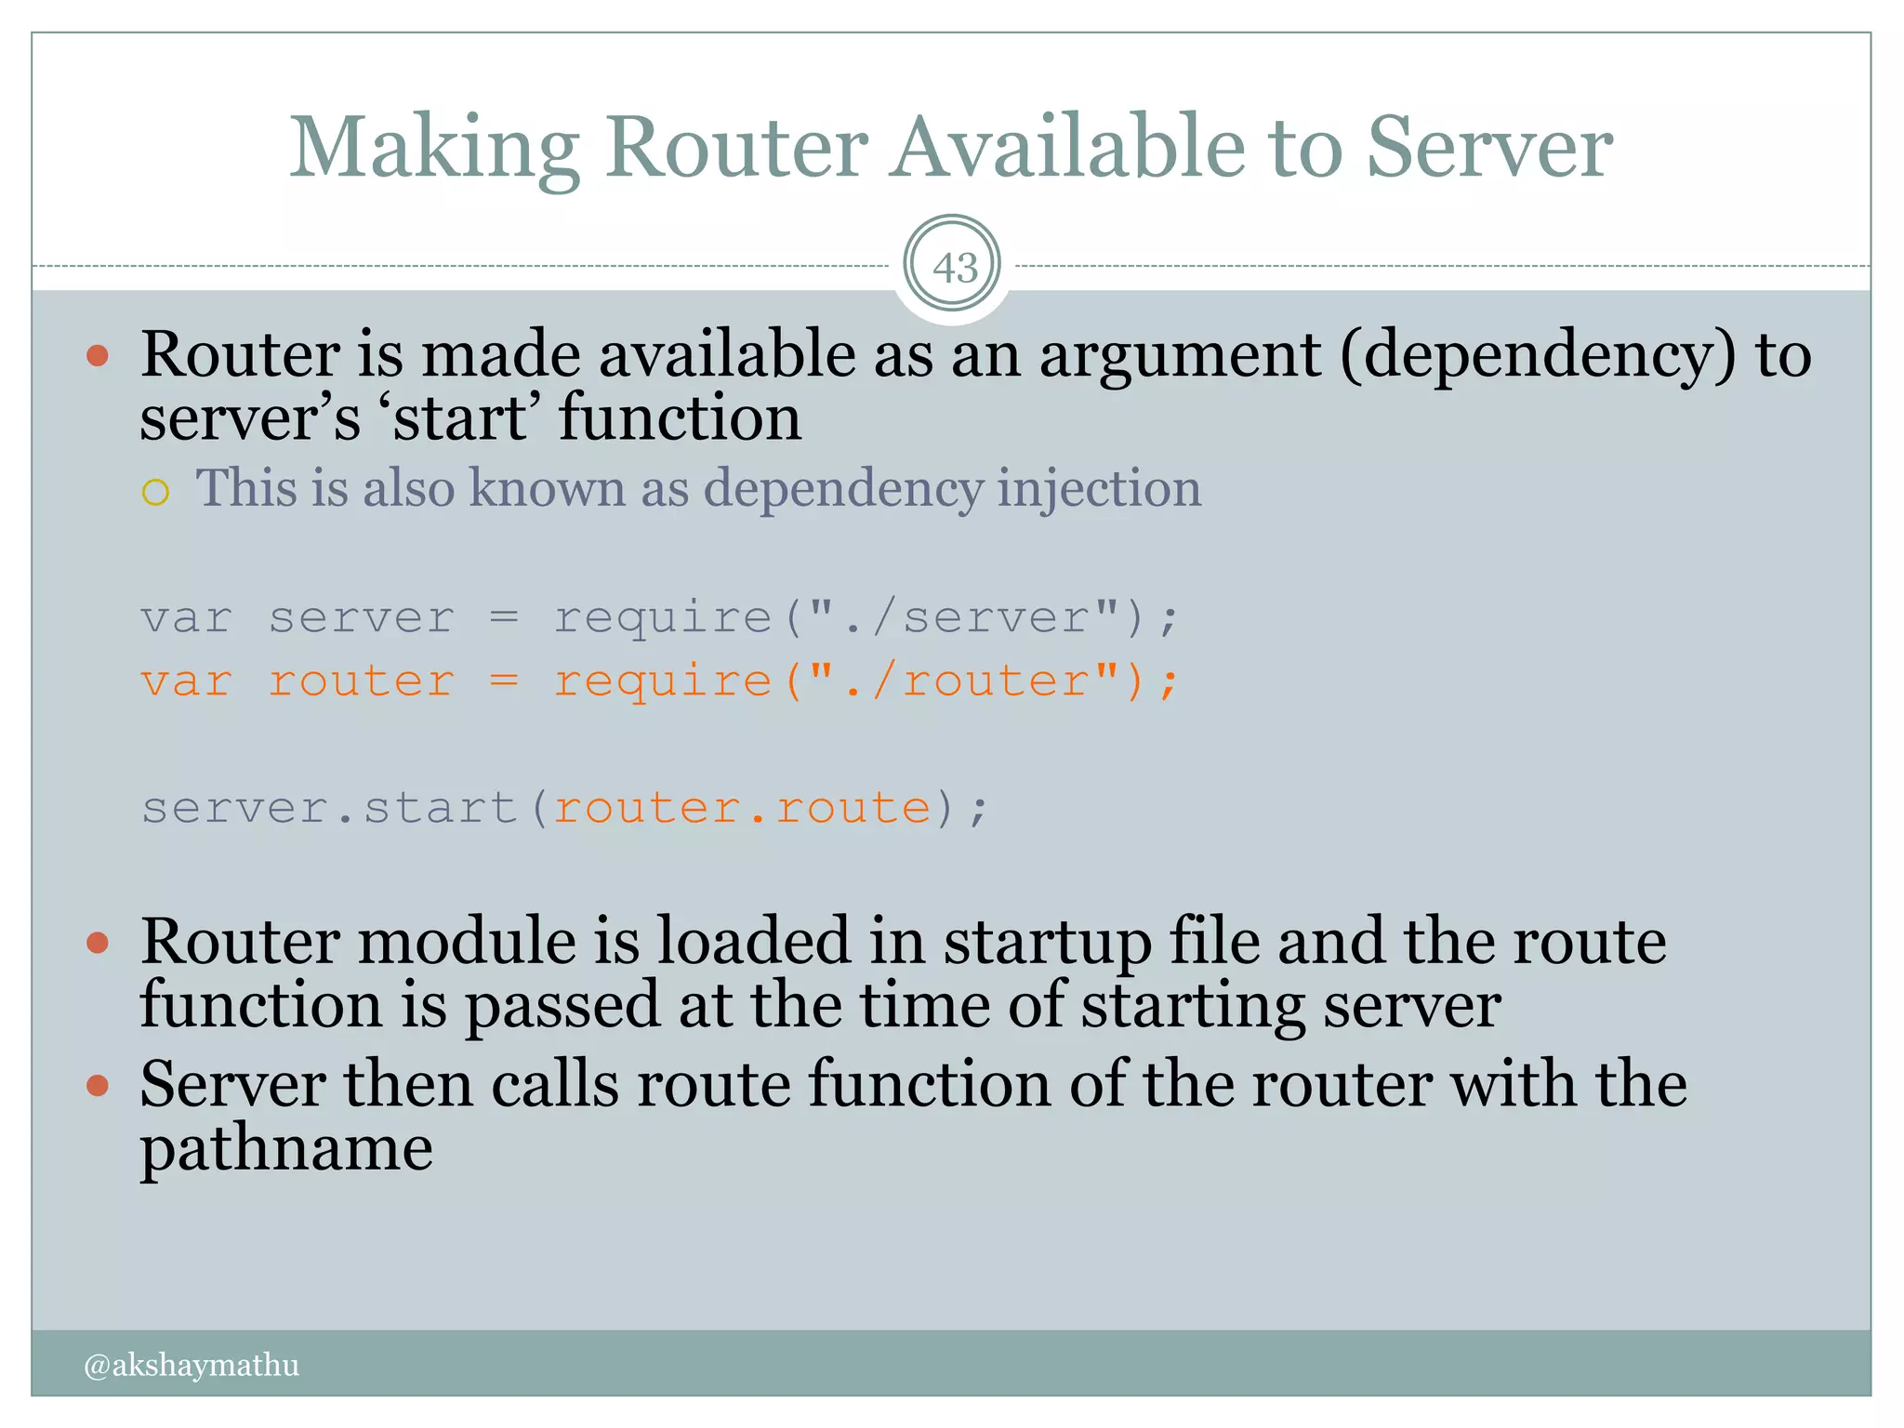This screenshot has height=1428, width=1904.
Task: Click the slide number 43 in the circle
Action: click(x=955, y=268)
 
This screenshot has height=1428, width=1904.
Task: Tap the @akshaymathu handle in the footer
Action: click(x=192, y=1365)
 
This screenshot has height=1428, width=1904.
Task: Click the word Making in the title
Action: click(x=435, y=149)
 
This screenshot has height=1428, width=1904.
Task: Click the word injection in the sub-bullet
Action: click(x=1099, y=488)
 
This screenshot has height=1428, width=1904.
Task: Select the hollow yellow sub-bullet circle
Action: click(x=156, y=492)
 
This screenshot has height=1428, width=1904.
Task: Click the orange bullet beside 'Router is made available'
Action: click(x=98, y=356)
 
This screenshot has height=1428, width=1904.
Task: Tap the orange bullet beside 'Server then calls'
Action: click(x=98, y=1085)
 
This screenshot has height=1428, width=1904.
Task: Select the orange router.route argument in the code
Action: click(x=742, y=807)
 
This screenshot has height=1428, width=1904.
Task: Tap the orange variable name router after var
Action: click(x=361, y=681)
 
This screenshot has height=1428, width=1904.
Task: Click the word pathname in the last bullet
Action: click(x=286, y=1149)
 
